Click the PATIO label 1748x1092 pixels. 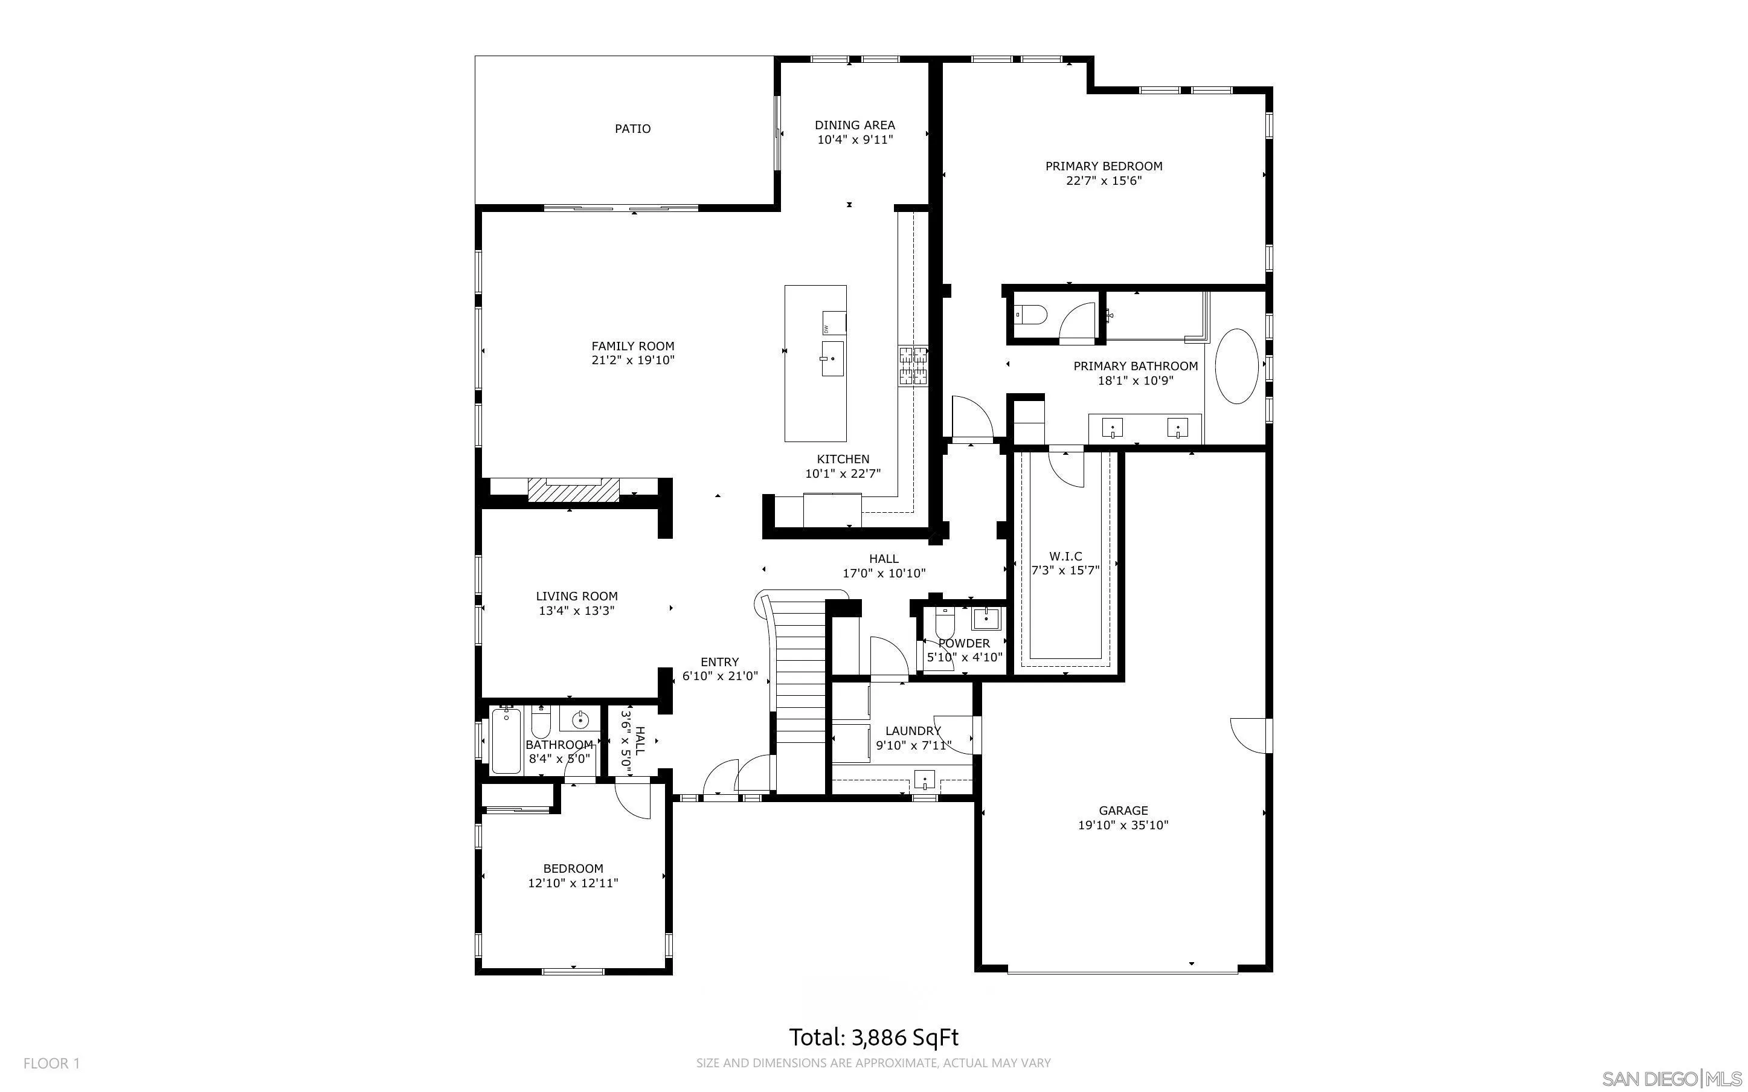pos(632,129)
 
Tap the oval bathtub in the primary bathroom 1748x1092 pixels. pos(1237,366)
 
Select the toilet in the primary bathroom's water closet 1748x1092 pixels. pos(1032,316)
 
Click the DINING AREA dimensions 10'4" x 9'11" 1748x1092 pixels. pos(855,140)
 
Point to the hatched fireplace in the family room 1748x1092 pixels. pos(573,490)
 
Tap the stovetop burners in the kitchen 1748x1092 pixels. pos(913,365)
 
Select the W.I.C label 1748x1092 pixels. pos(1065,556)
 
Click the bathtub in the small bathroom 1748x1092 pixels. pos(506,741)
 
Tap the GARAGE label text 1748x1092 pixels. pos(1123,811)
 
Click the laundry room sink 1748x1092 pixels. pos(924,780)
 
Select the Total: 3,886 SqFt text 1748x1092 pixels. pos(873,1038)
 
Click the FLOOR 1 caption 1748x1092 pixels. pos(51,1063)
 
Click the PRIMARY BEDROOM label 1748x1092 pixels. pos(1104,166)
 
